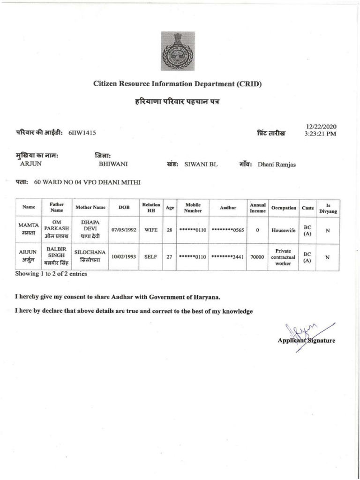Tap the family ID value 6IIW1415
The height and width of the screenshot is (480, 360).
(x=82, y=133)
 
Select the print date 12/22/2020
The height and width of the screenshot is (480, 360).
(x=321, y=127)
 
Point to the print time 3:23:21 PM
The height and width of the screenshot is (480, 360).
(x=321, y=134)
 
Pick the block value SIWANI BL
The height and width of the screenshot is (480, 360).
(x=201, y=164)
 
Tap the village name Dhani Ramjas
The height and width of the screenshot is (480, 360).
(x=277, y=164)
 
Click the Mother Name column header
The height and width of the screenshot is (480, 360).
(x=90, y=207)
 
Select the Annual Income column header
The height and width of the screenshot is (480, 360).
(x=257, y=207)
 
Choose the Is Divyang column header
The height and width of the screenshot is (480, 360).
(x=328, y=207)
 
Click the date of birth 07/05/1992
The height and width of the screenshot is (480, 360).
(x=124, y=230)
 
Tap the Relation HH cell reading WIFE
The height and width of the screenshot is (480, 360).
(x=151, y=230)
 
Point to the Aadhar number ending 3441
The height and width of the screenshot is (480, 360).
(x=227, y=257)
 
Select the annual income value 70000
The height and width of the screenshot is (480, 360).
(x=257, y=257)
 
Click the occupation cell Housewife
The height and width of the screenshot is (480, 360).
(x=283, y=230)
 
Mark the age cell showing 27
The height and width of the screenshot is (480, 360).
(x=170, y=257)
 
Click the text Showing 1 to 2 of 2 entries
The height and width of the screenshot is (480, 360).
(x=51, y=274)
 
